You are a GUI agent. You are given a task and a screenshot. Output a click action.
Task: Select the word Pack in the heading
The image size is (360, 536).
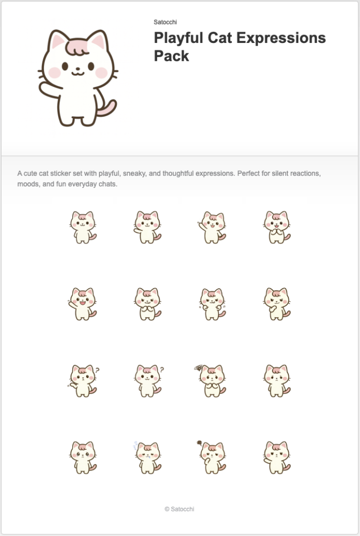tap(172, 56)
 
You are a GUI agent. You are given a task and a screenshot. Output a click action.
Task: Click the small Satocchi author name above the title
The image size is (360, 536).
tap(165, 22)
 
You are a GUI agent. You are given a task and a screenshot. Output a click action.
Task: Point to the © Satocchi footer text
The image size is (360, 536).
tap(179, 509)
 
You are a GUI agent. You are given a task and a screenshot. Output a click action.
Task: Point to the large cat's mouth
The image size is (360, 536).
tap(77, 71)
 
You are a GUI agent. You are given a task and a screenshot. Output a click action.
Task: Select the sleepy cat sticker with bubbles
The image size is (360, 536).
tap(148, 457)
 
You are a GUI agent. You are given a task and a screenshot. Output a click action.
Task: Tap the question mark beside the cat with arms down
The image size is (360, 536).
tap(162, 369)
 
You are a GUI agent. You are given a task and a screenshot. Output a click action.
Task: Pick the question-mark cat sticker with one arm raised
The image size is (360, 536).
tap(83, 380)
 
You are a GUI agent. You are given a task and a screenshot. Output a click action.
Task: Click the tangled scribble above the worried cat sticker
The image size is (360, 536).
tap(198, 367)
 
